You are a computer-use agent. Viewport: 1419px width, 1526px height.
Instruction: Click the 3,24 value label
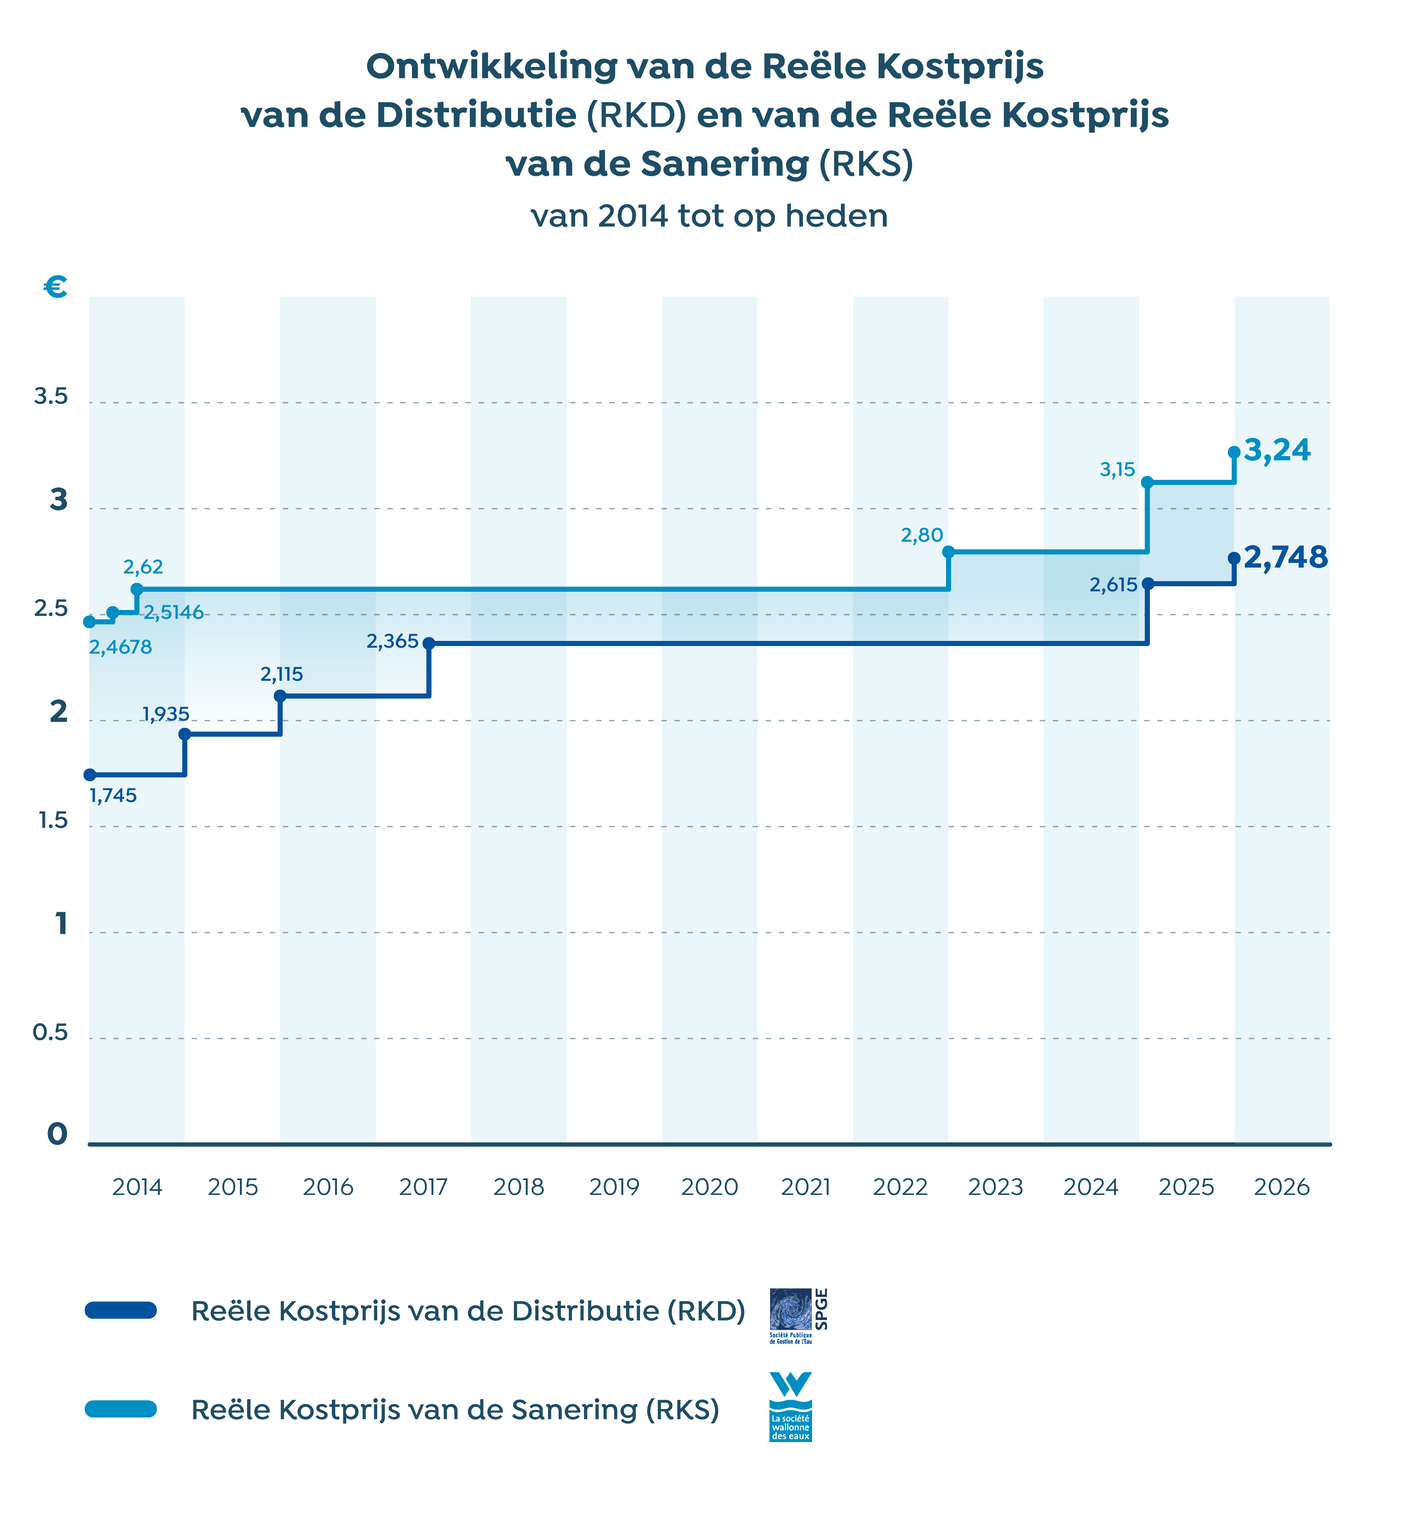1277,451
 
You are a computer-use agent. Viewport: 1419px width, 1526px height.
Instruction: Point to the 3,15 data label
1117,470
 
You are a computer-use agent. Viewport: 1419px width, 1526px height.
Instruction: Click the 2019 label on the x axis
614,1187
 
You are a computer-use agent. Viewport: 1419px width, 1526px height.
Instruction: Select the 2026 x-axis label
1282,1187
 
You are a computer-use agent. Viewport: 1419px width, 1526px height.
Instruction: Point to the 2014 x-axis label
137,1187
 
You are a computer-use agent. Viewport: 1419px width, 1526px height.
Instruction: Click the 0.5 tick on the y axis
51,1033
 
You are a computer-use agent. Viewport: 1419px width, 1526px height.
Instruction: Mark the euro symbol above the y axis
55,287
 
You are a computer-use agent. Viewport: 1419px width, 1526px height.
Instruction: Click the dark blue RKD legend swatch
121,1310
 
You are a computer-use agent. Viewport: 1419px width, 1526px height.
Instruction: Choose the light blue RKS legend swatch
121,1409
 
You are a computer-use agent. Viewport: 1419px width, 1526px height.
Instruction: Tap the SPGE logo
798,1315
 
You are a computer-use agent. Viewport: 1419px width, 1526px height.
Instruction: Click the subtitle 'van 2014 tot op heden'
709,217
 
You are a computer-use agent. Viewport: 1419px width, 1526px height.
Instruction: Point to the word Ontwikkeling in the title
491,67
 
